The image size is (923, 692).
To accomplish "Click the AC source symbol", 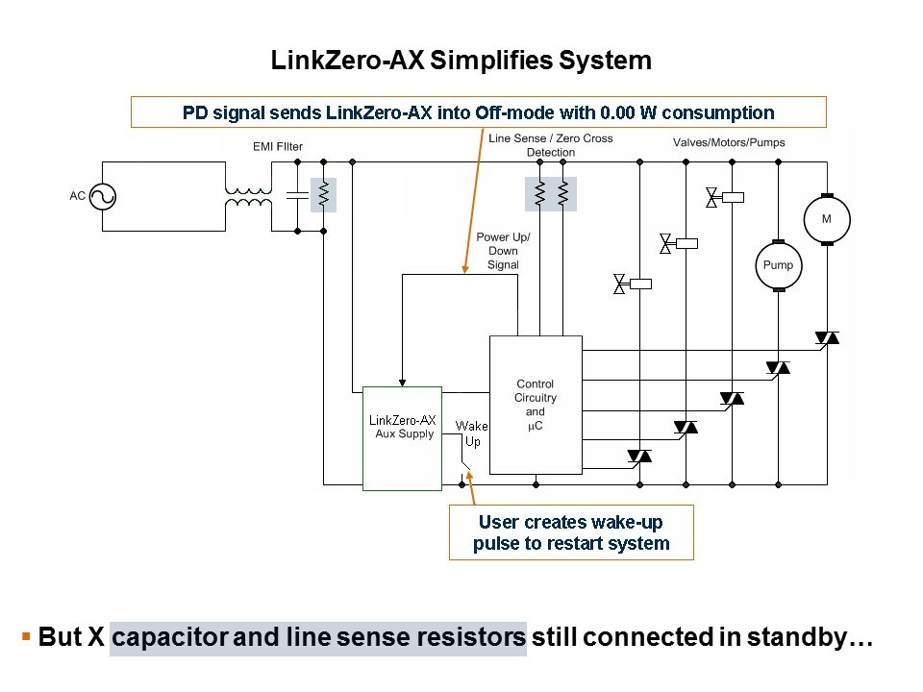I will pyautogui.click(x=102, y=196).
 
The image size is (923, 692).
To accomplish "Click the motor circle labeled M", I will pyautogui.click(x=826, y=219).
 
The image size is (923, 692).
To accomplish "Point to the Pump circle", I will pyautogui.click(x=778, y=264).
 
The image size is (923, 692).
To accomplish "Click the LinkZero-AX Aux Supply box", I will pyautogui.click(x=402, y=438).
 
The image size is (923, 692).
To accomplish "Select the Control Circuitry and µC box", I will pyautogui.click(x=536, y=405).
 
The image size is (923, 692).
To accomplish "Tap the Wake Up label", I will pyautogui.click(x=472, y=433).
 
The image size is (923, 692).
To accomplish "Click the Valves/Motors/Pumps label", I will pyautogui.click(x=729, y=142).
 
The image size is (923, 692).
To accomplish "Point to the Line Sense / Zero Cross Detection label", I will pyautogui.click(x=551, y=145).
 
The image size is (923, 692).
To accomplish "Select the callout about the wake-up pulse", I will pyautogui.click(x=570, y=532).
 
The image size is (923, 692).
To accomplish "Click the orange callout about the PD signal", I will pyautogui.click(x=478, y=111).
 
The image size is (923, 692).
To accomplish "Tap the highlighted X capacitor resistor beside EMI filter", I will pyautogui.click(x=324, y=195).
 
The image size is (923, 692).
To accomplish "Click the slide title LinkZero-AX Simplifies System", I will pyautogui.click(x=461, y=61).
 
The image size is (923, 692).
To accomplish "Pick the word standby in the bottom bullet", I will pyautogui.click(x=800, y=638).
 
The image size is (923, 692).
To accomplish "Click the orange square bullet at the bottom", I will pyautogui.click(x=26, y=636).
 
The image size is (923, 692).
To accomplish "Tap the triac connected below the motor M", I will pyautogui.click(x=826, y=338).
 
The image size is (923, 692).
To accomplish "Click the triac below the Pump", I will pyautogui.click(x=778, y=368).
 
